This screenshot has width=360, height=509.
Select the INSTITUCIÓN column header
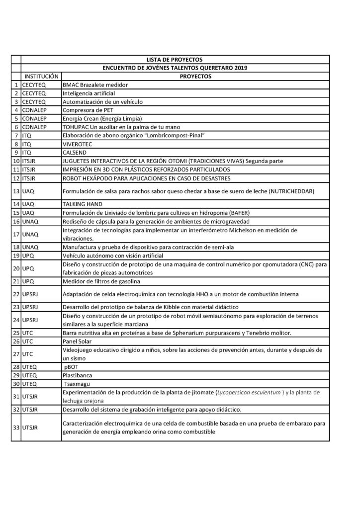coord(41,77)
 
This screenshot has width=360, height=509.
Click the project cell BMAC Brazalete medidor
coord(95,85)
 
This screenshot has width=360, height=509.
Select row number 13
coord(16,191)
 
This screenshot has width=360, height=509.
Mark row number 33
coord(16,427)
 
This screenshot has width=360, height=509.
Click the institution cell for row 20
coord(27,268)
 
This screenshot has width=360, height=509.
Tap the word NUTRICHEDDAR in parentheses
coord(302,191)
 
